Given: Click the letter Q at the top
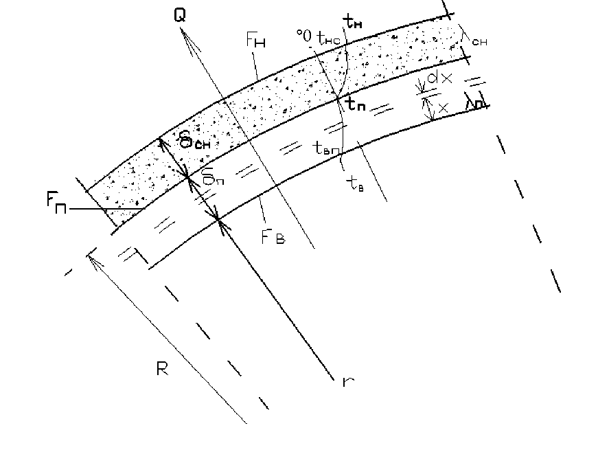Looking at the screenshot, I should coord(180,15).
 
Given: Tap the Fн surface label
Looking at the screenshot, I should coord(255,41).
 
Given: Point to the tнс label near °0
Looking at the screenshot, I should coord(327,38).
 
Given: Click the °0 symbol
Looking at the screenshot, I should coord(303,33).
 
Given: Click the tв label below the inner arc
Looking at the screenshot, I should coord(356,182).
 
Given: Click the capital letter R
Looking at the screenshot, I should coord(162,370).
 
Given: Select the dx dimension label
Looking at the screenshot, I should coord(439,79).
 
